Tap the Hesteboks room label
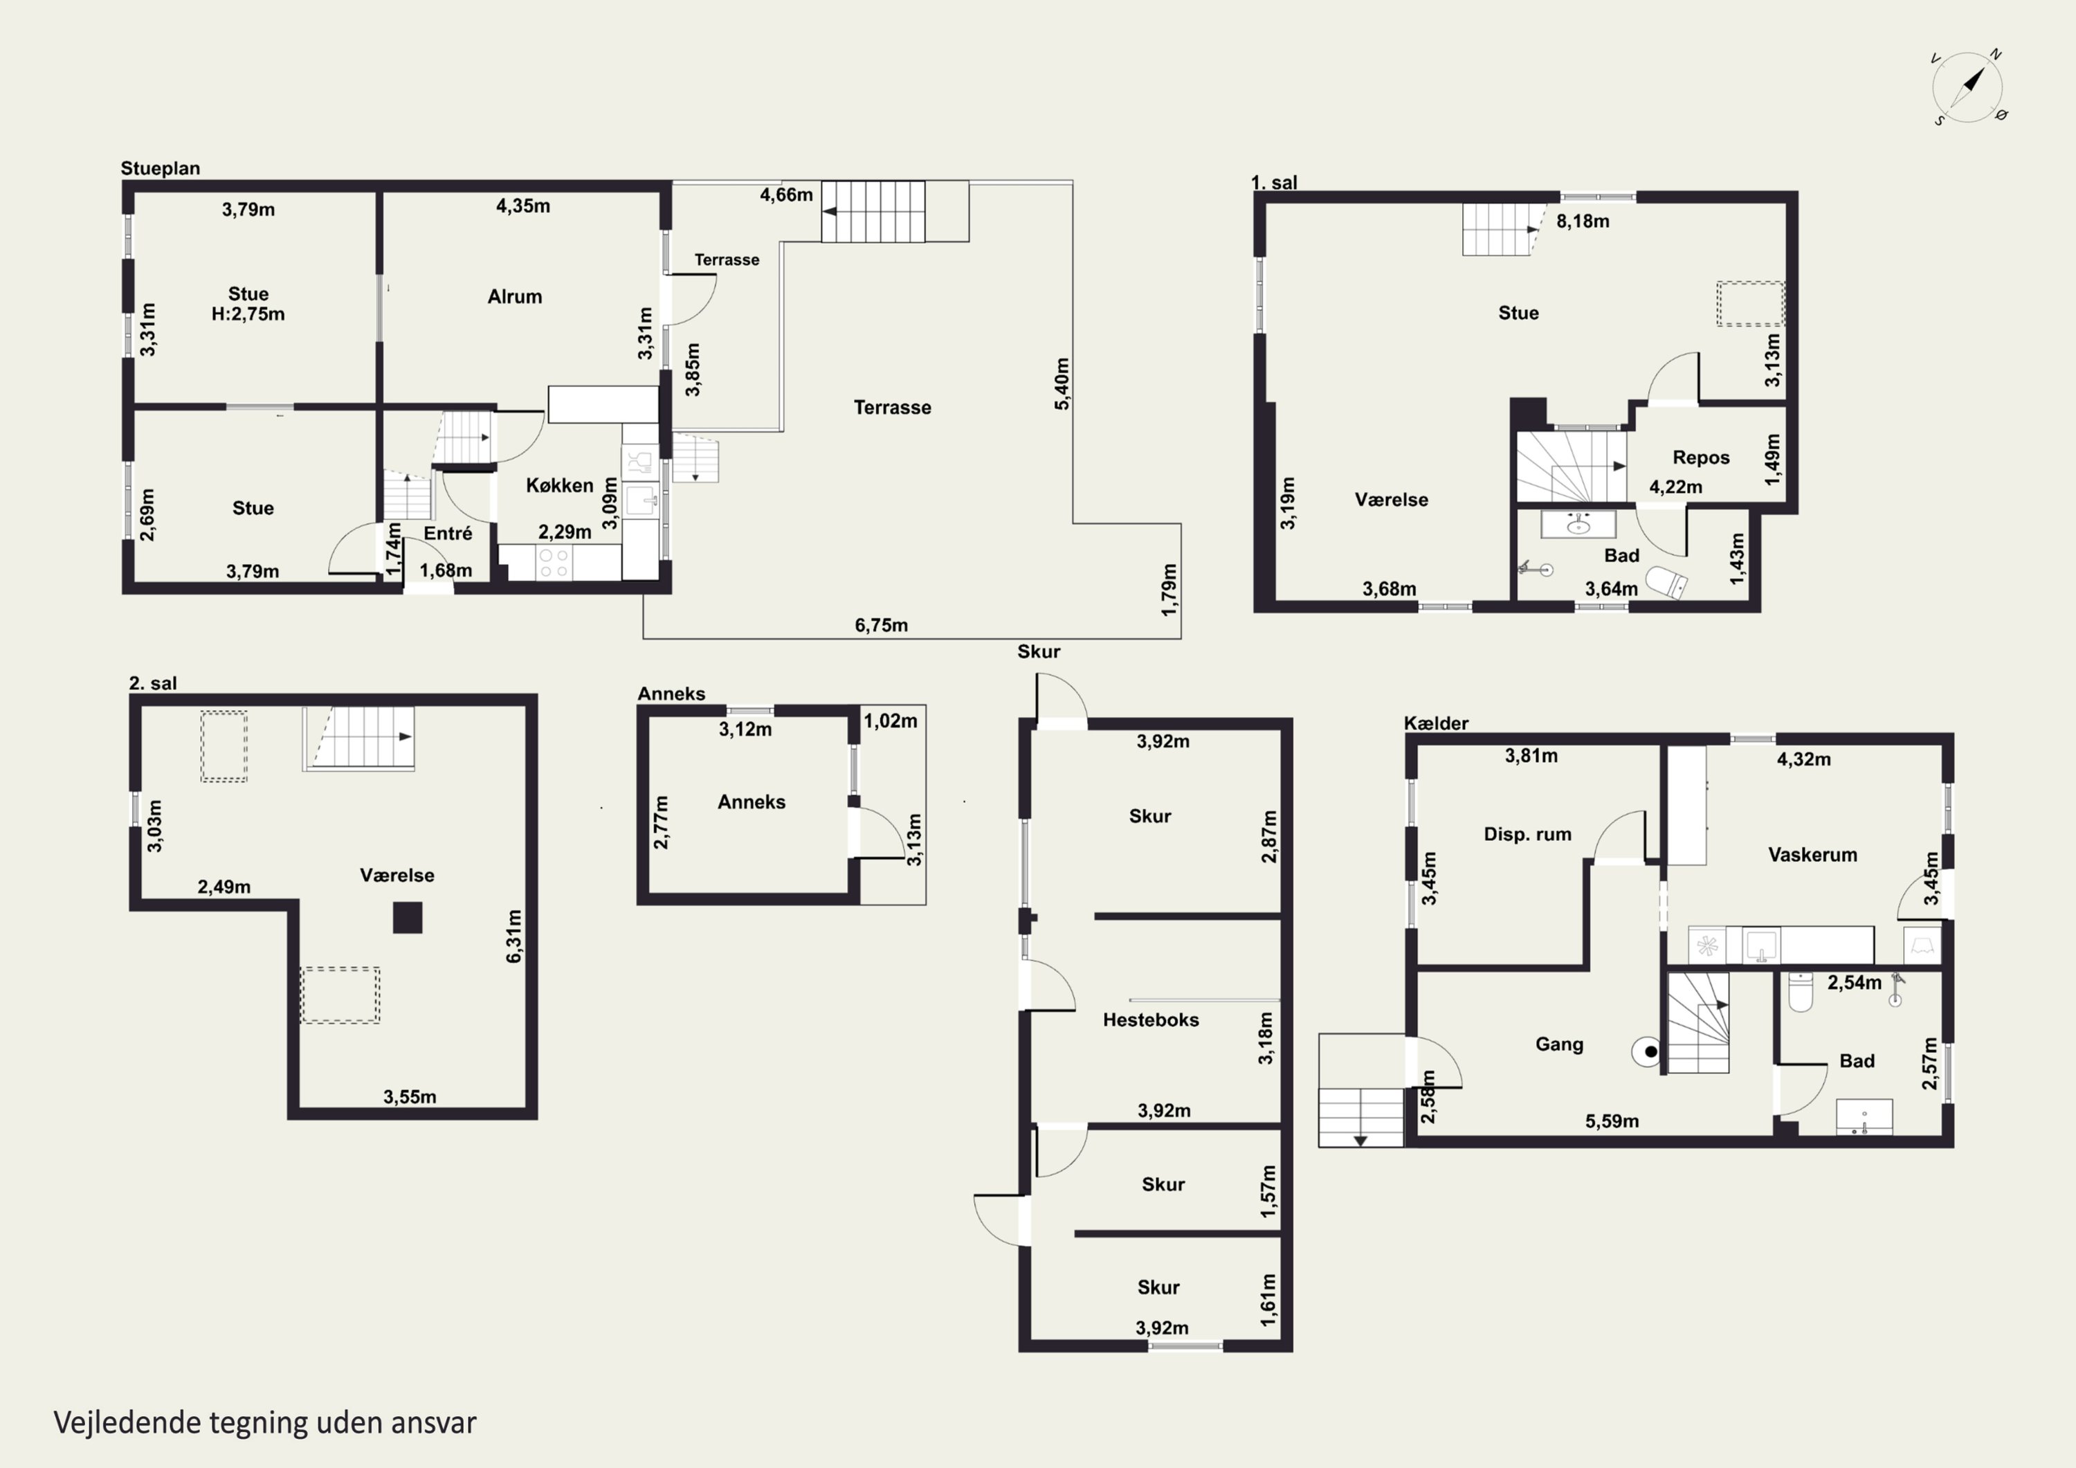[1150, 1020]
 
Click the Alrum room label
[514, 297]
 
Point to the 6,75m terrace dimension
[882, 625]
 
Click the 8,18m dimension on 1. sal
[1583, 221]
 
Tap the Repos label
[1701, 457]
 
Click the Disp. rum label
[1527, 834]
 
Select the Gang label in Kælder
[1559, 1044]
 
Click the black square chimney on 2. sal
[407, 917]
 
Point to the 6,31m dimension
[513, 936]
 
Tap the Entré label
[448, 534]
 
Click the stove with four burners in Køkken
[554, 562]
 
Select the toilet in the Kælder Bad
[1800, 990]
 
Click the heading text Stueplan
[160, 168]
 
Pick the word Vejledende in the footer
[127, 1423]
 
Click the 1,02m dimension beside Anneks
[890, 721]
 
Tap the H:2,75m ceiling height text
[248, 314]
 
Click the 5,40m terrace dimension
[1062, 383]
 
